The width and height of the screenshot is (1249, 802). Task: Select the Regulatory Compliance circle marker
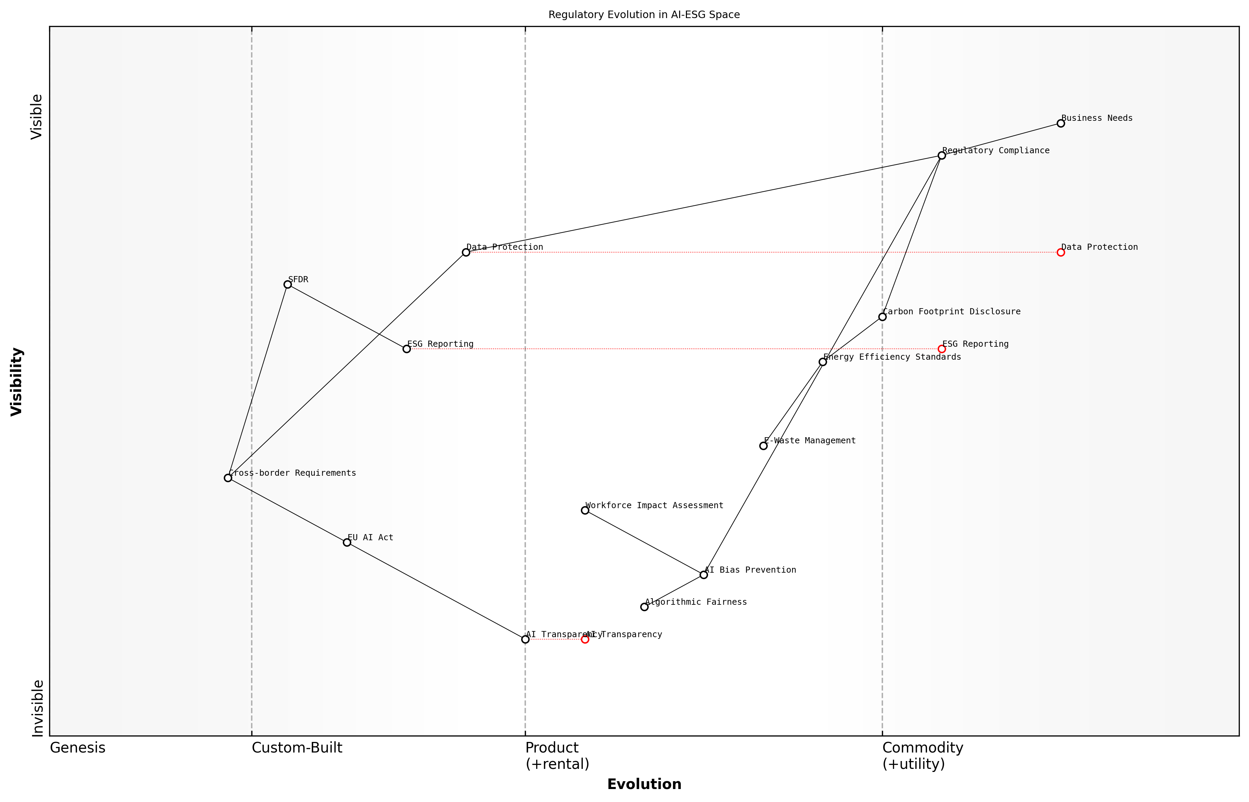tap(941, 155)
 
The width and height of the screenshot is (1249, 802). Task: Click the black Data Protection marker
tap(466, 252)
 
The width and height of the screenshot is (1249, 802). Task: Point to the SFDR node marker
tap(287, 284)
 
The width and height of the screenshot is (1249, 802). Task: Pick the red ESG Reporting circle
tap(941, 349)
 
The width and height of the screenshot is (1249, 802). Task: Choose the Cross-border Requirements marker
tap(228, 477)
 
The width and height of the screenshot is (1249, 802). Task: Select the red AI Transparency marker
tap(585, 639)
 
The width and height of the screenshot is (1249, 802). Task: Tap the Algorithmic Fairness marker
tap(644, 607)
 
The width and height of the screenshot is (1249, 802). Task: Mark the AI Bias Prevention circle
tap(704, 574)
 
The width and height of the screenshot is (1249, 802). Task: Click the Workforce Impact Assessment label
tap(654, 505)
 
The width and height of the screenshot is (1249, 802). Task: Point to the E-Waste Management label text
tap(809, 441)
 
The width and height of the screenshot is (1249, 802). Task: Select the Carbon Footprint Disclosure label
tap(951, 312)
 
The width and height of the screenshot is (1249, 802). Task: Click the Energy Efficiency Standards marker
tap(823, 361)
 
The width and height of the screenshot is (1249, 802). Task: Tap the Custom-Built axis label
tap(297, 748)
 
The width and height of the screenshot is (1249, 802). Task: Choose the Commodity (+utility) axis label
tap(922, 755)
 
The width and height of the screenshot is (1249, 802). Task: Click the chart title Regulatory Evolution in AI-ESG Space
tap(644, 15)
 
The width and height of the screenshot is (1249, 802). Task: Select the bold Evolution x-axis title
tap(644, 784)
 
